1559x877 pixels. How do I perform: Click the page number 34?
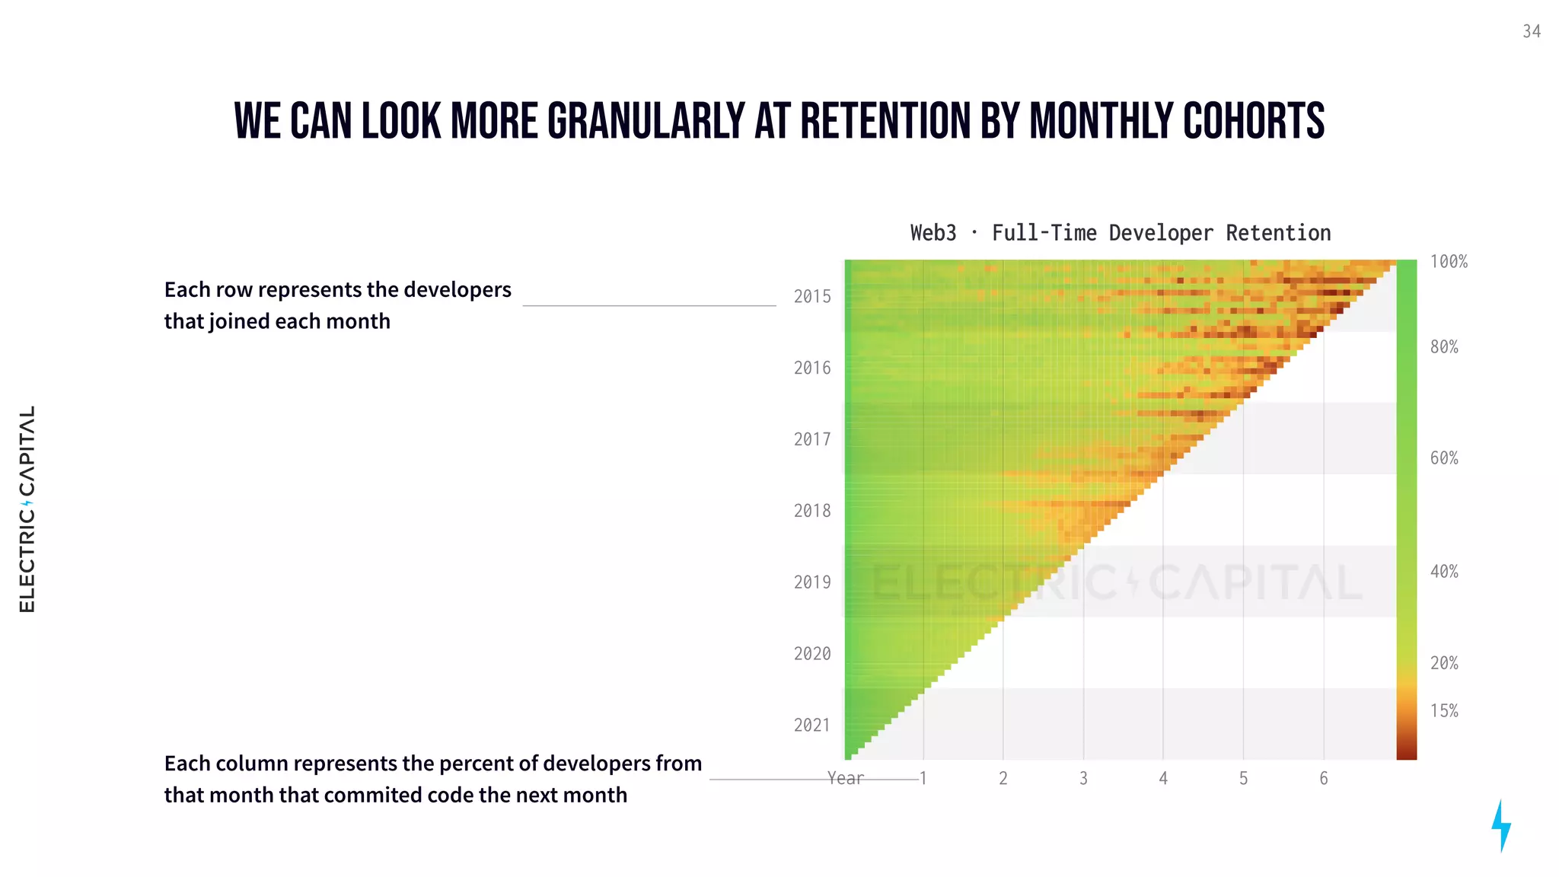click(1532, 31)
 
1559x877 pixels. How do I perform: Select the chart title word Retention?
click(1278, 233)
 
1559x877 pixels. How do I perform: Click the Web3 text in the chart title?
click(933, 233)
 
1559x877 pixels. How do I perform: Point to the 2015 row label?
click(812, 297)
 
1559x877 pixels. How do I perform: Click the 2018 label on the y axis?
click(812, 511)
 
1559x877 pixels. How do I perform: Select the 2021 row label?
click(812, 726)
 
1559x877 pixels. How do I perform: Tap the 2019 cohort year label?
click(812, 582)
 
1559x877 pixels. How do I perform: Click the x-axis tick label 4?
click(1163, 779)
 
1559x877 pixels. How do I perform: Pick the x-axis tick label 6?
click(1324, 779)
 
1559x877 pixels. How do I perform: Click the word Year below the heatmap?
click(846, 779)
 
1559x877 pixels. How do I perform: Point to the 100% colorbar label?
click(1449, 262)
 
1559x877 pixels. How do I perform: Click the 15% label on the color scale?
click(1444, 711)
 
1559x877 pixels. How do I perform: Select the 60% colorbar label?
click(1444, 458)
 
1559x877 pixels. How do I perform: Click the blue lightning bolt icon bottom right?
click(1500, 825)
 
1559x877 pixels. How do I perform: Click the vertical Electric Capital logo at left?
click(27, 509)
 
